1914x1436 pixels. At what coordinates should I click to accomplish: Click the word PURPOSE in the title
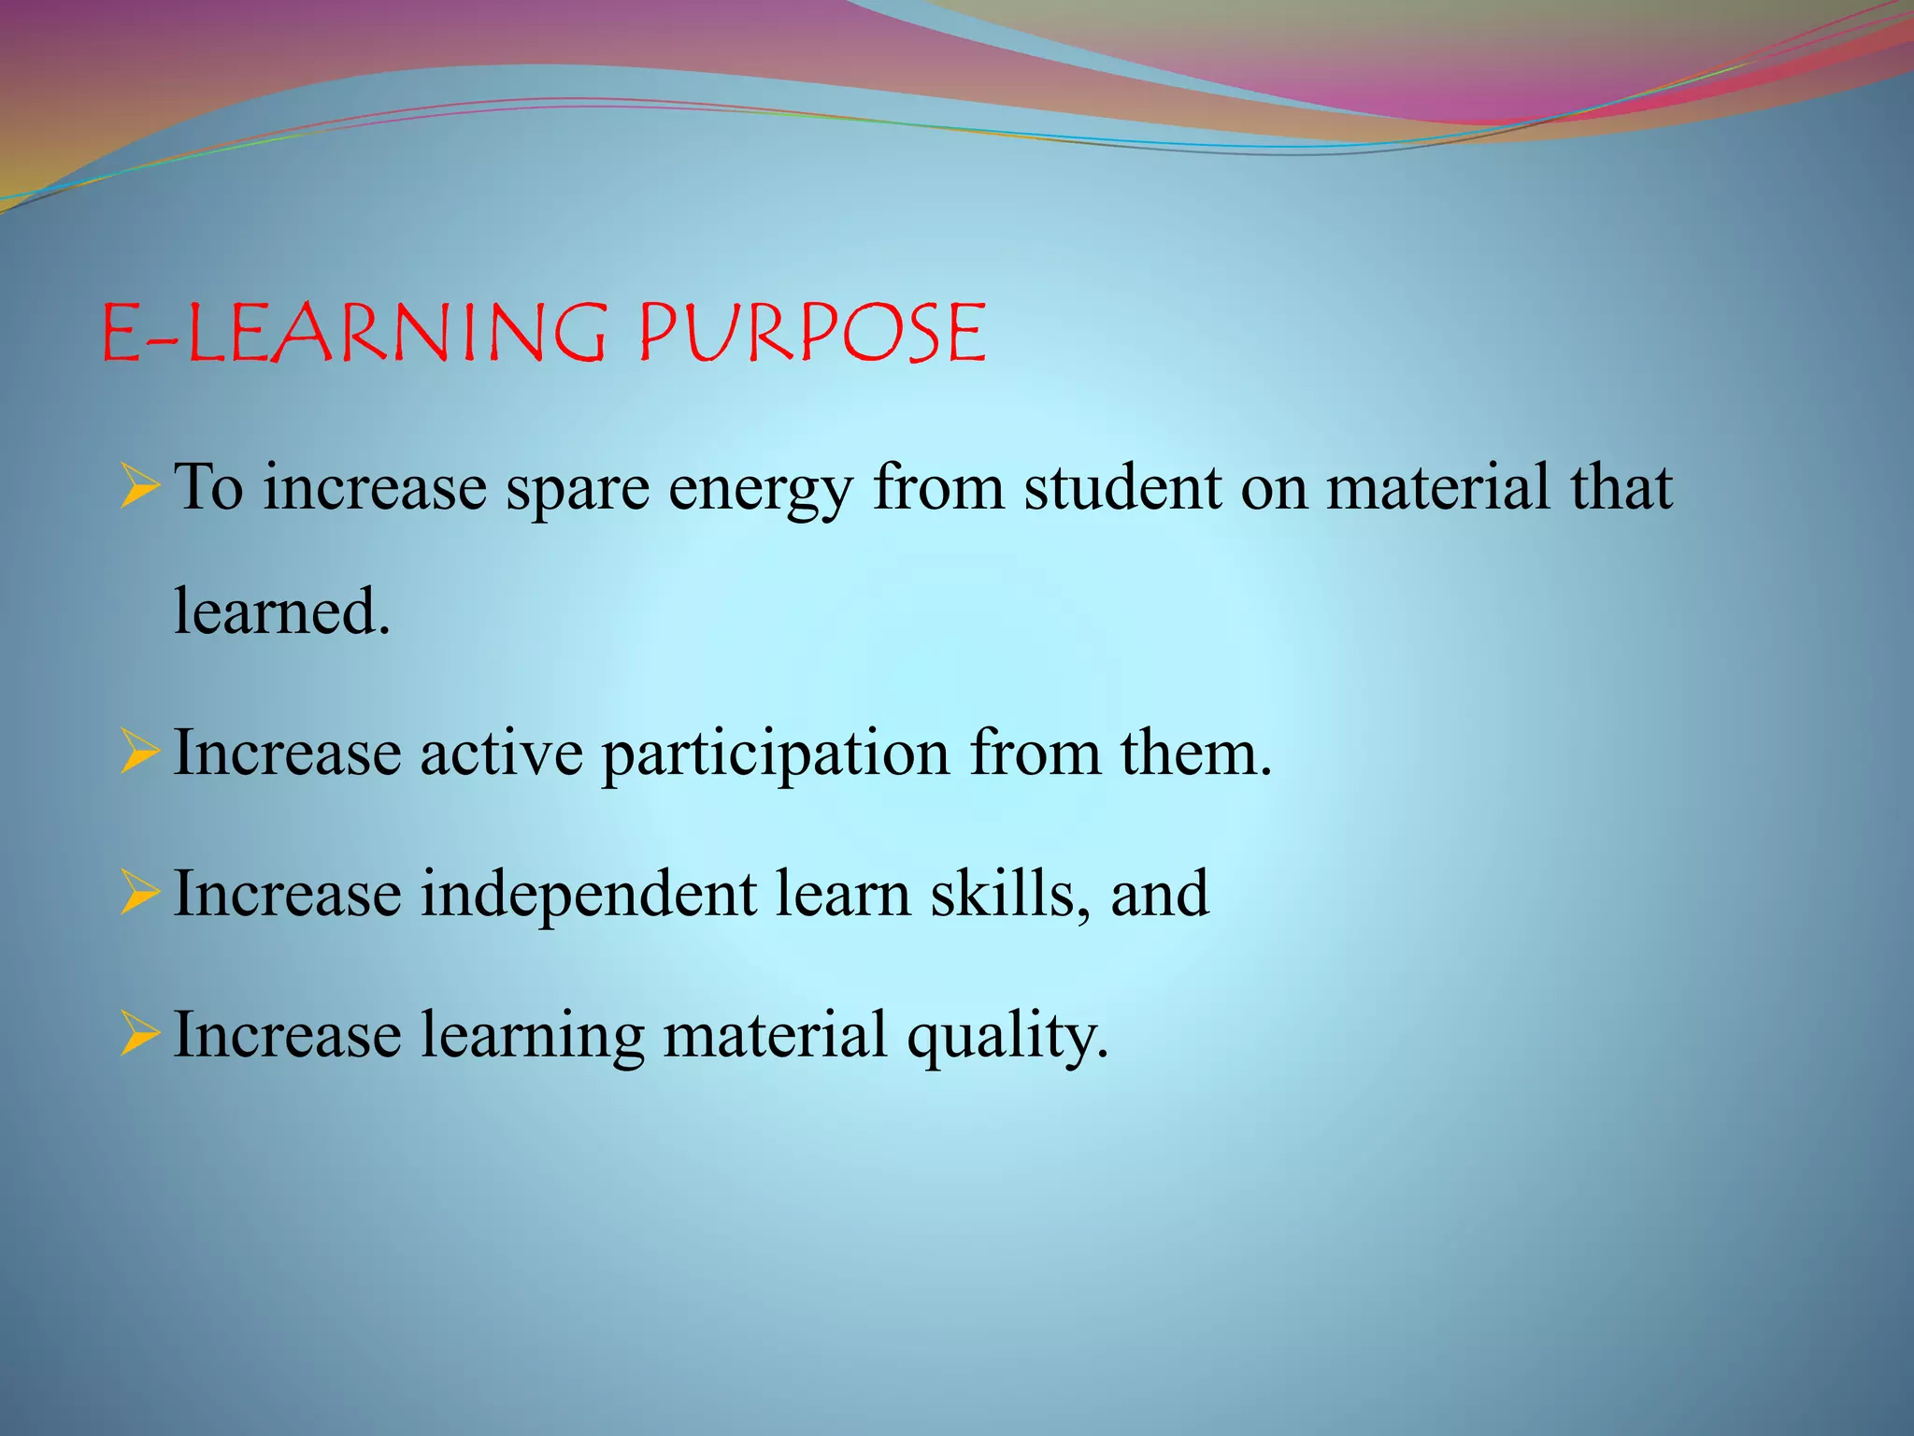811,334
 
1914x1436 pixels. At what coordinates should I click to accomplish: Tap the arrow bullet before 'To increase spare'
140,488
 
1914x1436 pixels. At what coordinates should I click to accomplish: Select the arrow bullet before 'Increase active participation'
140,754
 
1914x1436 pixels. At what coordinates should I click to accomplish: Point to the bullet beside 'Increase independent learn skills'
140,894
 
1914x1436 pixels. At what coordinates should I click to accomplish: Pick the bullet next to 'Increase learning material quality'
140,1036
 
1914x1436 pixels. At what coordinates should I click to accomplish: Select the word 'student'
1122,488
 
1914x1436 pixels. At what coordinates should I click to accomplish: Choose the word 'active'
501,754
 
